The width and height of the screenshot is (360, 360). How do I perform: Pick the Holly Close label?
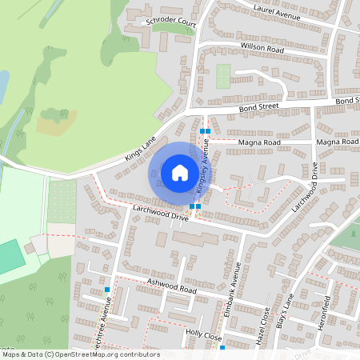click(203, 336)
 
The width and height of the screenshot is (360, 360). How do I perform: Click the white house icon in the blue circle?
click(179, 172)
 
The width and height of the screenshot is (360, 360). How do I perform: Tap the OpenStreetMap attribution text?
click(81, 354)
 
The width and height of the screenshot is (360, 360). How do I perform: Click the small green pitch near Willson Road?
click(222, 76)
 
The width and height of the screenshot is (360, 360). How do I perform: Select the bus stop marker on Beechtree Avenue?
click(106, 289)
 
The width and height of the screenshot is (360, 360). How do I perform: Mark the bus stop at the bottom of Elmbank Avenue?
click(222, 347)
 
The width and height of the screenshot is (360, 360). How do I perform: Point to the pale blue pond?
click(3, 84)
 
